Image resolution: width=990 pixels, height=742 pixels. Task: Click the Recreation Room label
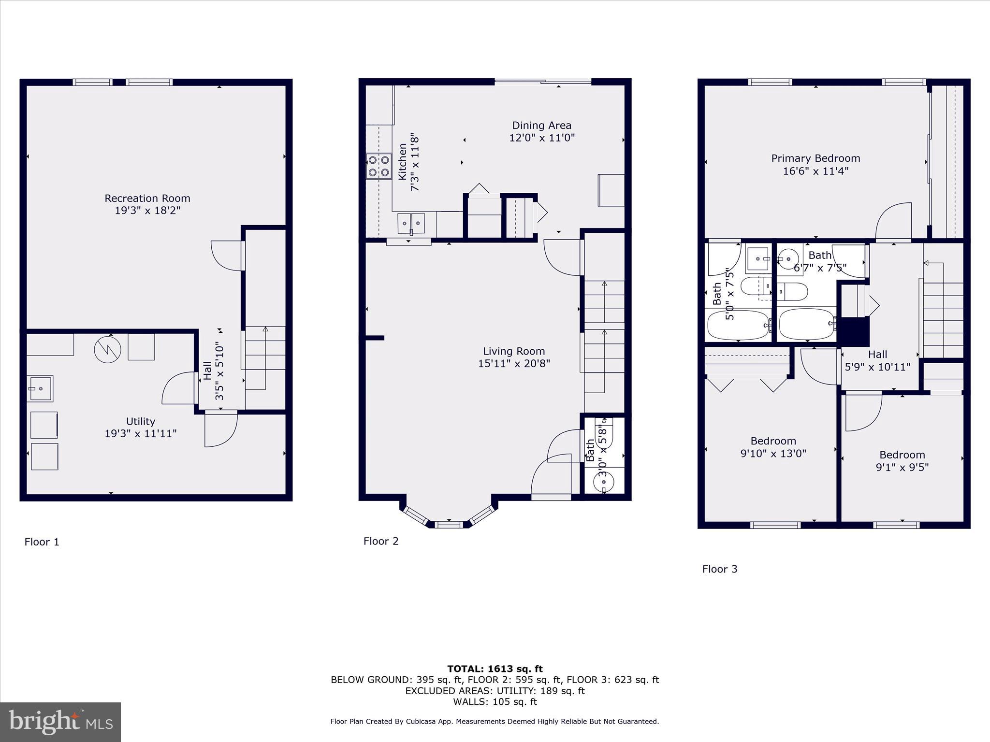click(x=147, y=199)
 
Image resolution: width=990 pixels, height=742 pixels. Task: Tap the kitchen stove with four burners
click(x=379, y=166)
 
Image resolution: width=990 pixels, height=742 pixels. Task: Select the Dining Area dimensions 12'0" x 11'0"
click(x=541, y=138)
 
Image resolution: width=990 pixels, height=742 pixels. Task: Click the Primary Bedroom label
click(x=815, y=158)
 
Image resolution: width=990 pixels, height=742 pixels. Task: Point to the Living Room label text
click(x=514, y=351)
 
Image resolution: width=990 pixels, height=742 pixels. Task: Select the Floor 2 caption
click(x=381, y=541)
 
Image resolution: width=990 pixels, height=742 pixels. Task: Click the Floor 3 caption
click(x=720, y=569)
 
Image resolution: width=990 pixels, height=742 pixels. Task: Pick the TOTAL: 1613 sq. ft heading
click(x=495, y=669)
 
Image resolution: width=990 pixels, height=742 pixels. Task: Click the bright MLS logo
click(x=60, y=722)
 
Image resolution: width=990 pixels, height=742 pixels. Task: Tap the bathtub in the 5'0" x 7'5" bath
click(x=738, y=325)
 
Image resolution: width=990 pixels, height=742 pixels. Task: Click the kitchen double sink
click(x=411, y=223)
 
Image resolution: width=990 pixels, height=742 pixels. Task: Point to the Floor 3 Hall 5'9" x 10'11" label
click(x=877, y=360)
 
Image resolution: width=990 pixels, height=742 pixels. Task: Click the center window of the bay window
click(x=449, y=524)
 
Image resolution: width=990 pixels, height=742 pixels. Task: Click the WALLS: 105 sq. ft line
click(x=495, y=702)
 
